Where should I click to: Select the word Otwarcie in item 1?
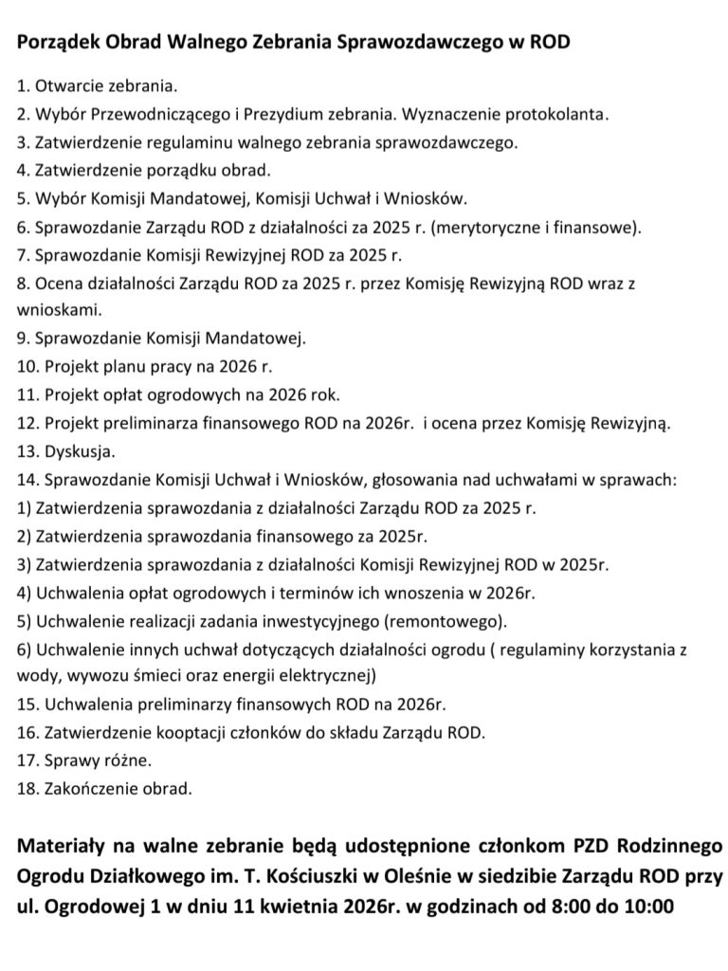[65, 86]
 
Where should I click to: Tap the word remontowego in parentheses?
[441, 621]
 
